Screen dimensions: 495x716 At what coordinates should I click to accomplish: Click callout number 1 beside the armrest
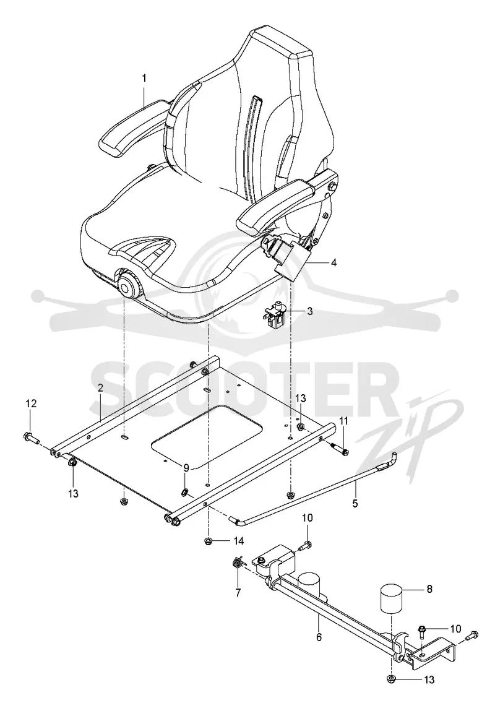pos(144,78)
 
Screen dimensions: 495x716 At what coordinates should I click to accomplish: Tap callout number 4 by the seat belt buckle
pos(334,263)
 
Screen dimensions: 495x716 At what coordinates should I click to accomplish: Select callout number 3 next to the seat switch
pos(310,312)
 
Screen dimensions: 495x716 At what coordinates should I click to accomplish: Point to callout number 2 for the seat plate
pos(100,387)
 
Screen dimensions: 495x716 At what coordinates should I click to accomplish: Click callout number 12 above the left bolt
pos(30,403)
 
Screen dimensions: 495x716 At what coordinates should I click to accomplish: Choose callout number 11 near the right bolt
pos(344,420)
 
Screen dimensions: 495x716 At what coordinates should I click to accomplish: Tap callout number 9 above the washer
pos(186,468)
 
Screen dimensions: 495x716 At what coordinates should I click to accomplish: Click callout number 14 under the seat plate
pos(238,541)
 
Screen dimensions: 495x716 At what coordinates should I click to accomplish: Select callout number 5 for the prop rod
pos(355,503)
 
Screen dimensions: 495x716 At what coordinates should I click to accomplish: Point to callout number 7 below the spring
pos(238,593)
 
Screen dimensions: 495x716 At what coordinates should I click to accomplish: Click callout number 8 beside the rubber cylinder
pos(429,589)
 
